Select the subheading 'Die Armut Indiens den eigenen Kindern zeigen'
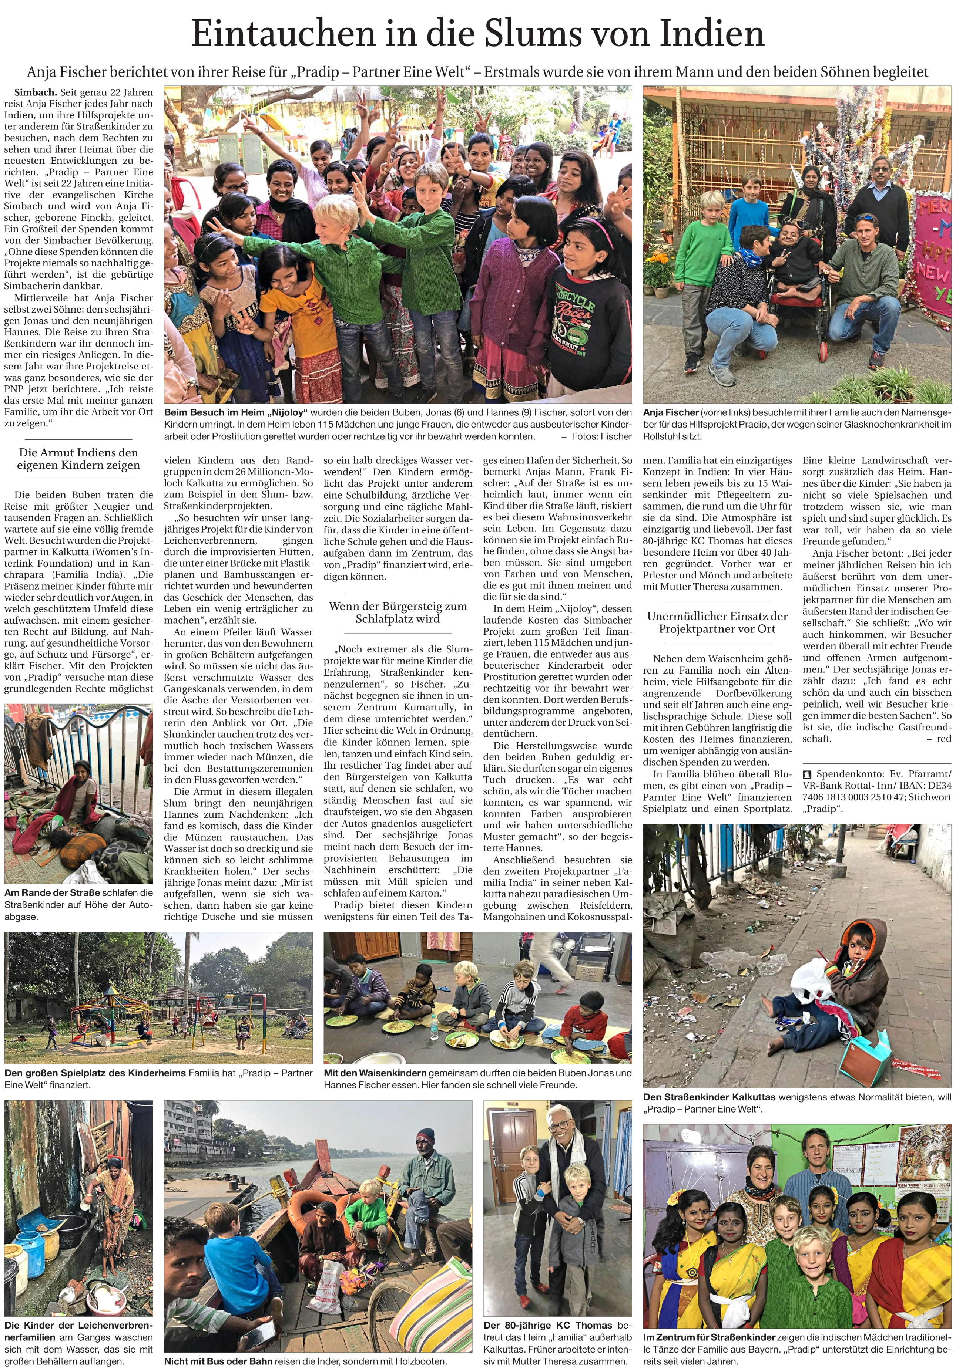[x=78, y=459]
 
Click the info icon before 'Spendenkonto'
[x=807, y=774]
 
